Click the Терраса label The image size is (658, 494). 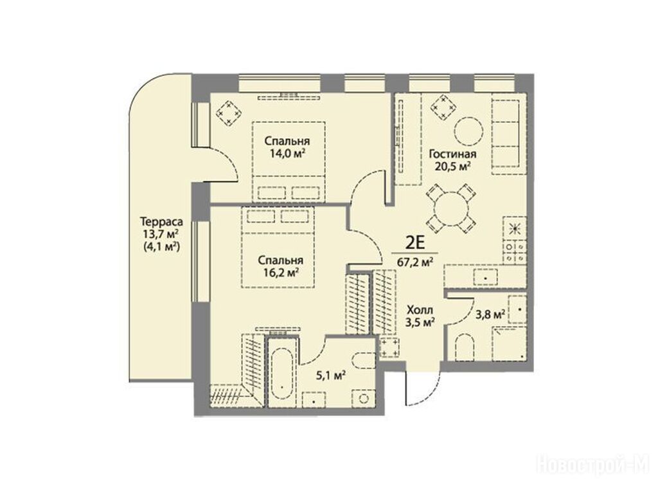pyautogui.click(x=161, y=221)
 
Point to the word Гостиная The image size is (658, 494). pyautogui.click(x=452, y=154)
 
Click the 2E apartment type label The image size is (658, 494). pyautogui.click(x=416, y=242)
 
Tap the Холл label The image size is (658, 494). pyautogui.click(x=420, y=311)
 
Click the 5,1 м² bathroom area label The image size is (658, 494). pyautogui.click(x=332, y=375)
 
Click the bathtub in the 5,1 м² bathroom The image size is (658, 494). pyautogui.click(x=282, y=372)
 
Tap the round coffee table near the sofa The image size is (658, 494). pyautogui.click(x=468, y=131)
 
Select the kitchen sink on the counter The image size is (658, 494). pyautogui.click(x=486, y=278)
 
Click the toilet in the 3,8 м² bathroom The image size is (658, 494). pyautogui.click(x=463, y=347)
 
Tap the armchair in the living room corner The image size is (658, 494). pyautogui.click(x=445, y=107)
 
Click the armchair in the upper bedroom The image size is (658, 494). pyautogui.click(x=229, y=113)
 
